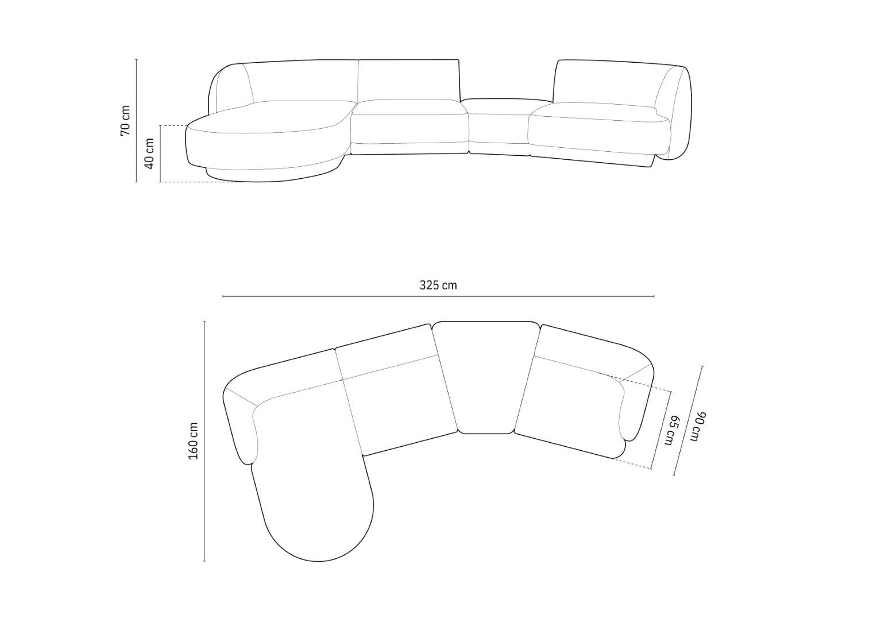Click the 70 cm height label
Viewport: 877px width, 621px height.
click(125, 120)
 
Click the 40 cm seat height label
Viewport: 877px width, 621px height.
click(149, 154)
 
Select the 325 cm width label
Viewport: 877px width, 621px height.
click(438, 285)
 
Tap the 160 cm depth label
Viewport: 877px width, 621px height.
click(194, 441)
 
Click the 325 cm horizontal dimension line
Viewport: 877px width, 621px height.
click(438, 296)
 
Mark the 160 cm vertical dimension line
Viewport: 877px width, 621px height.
click(204, 441)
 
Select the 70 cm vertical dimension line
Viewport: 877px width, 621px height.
click(136, 121)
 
